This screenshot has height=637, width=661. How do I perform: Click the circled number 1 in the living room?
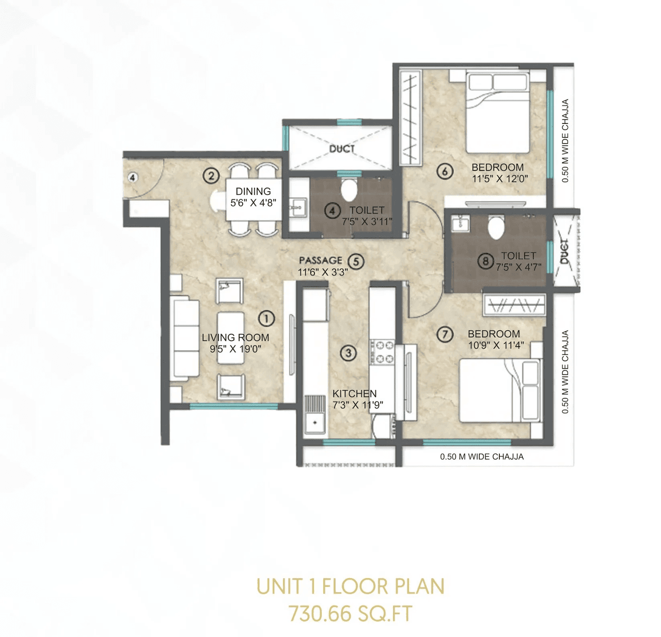point(266,318)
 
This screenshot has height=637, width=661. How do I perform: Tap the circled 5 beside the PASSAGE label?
point(356,261)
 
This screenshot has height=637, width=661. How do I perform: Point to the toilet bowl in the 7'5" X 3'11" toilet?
point(349,190)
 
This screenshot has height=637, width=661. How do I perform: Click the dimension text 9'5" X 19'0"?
point(235,349)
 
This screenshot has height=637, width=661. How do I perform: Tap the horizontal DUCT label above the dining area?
point(342,149)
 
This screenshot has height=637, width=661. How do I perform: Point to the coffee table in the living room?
point(231,338)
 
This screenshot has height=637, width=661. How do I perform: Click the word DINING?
point(253,192)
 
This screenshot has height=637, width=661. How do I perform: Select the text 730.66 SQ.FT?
point(351,614)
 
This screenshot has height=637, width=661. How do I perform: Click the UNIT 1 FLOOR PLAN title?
point(351,587)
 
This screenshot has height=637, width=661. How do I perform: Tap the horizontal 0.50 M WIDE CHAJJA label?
point(481,457)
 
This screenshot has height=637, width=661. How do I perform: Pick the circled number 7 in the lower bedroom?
point(445,335)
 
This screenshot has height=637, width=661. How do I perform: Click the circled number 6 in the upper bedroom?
point(445,171)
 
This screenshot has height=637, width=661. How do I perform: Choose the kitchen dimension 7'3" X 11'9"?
point(357,405)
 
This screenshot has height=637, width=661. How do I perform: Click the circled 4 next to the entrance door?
point(133,178)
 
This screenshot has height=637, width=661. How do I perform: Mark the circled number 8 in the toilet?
point(485,261)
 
